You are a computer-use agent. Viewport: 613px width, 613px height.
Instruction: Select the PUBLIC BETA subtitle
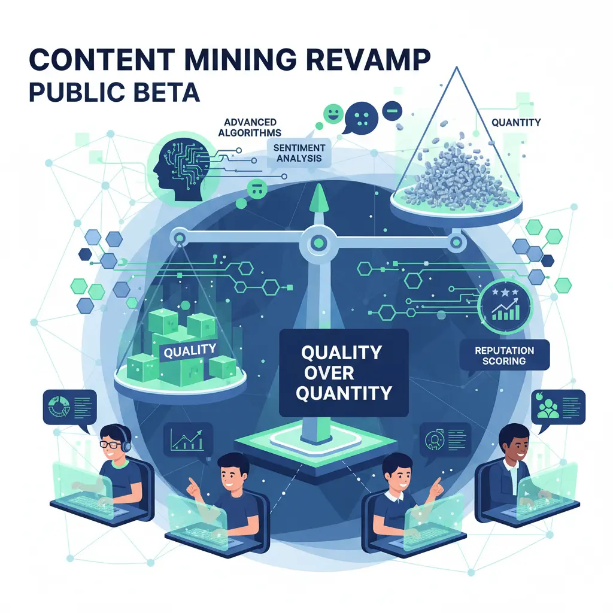tap(114, 93)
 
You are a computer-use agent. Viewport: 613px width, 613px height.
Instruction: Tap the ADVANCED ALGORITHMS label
tap(252, 127)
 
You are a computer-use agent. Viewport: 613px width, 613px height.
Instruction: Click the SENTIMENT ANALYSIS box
tap(299, 153)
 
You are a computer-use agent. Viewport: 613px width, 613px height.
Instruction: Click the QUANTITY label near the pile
tap(515, 123)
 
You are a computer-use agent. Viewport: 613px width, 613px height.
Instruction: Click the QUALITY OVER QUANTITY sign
tap(343, 372)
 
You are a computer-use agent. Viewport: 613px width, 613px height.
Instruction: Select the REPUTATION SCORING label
tap(504, 356)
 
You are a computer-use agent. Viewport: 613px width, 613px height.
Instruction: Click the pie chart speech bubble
tap(69, 407)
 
